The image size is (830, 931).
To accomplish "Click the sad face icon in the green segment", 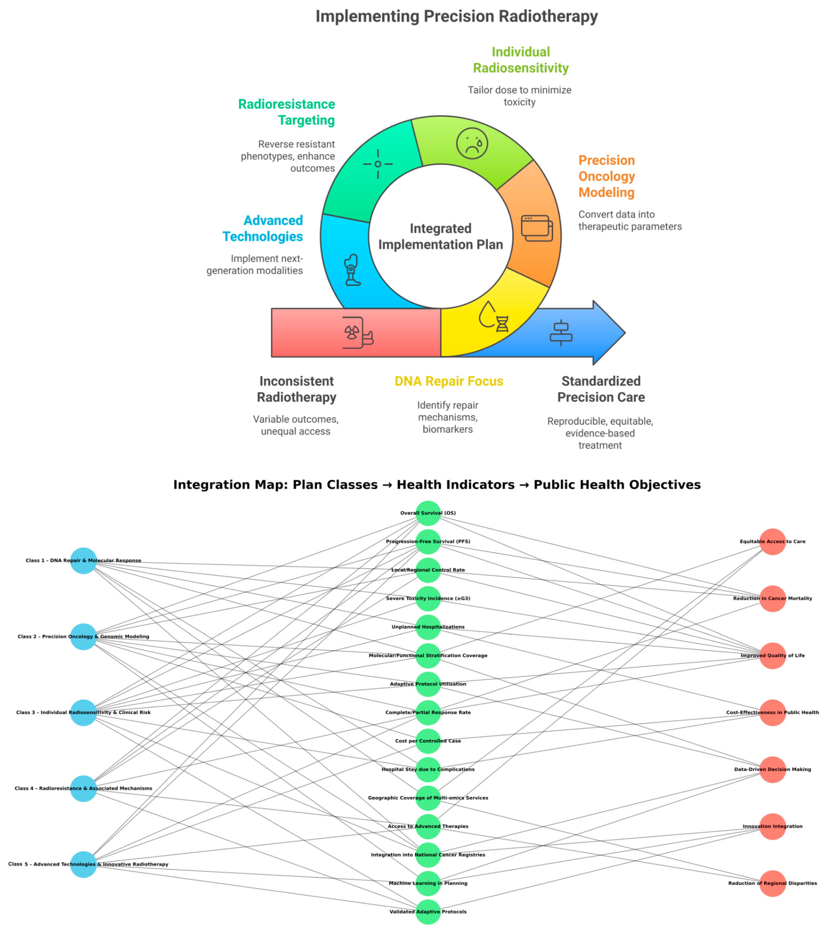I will coord(472,144).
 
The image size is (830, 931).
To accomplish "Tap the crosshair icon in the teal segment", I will coord(378,164).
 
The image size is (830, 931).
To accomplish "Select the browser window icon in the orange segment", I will coord(537,228).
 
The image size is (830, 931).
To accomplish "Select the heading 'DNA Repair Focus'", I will coord(449,381).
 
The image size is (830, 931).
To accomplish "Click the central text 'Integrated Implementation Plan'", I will coord(441,236).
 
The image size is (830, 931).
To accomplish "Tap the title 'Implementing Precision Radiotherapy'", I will coord(456,16).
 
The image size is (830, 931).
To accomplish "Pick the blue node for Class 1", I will coord(83,561).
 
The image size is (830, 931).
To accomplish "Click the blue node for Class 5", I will coord(83,864).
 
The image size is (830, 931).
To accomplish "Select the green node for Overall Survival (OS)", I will coord(428,513).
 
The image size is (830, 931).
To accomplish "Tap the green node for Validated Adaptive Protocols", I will coord(428,912).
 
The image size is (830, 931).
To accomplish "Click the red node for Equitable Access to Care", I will coord(773,541).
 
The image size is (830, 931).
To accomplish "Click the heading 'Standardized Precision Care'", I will coord(601,389).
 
